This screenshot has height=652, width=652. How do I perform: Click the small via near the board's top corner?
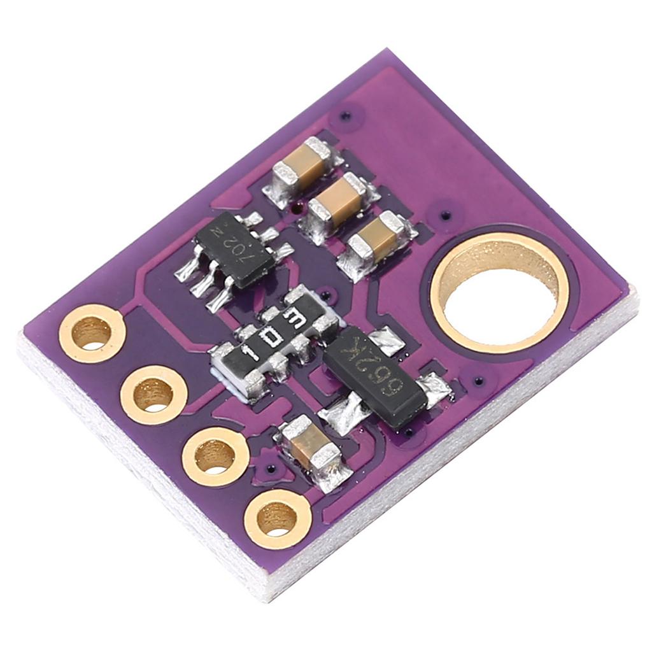344,117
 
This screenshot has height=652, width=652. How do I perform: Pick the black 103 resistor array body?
274,337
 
